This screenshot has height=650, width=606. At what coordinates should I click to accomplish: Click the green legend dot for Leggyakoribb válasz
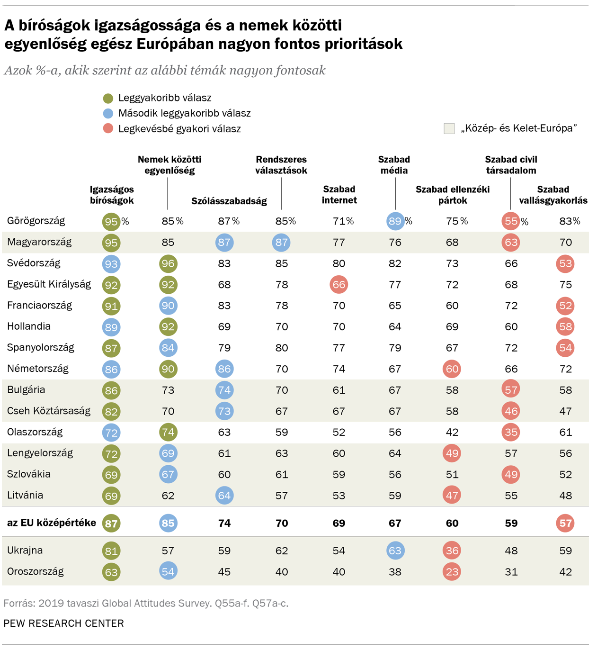click(108, 98)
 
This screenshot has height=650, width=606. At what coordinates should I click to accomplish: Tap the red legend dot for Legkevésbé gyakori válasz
click(108, 128)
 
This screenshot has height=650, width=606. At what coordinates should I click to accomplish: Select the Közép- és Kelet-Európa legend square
click(449, 128)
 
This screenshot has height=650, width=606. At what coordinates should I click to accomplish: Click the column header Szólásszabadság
click(229, 201)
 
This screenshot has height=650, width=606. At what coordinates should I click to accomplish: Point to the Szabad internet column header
click(339, 195)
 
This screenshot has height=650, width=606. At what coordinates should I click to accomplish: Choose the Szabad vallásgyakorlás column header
click(553, 195)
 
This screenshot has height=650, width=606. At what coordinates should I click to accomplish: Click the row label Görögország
click(36, 221)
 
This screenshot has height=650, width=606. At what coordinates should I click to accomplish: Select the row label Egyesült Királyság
click(49, 284)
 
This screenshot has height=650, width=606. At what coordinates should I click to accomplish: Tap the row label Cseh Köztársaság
click(49, 411)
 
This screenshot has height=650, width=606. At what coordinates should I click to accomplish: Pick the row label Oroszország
click(36, 571)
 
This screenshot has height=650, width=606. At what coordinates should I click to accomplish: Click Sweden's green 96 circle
click(168, 263)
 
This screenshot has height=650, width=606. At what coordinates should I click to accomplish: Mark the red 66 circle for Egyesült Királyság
click(339, 285)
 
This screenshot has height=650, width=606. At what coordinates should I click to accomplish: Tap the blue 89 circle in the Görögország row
click(395, 221)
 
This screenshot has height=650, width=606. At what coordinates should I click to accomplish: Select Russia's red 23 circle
click(452, 572)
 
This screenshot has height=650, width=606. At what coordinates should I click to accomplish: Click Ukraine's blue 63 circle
click(395, 551)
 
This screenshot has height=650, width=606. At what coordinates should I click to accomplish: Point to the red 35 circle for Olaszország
click(511, 432)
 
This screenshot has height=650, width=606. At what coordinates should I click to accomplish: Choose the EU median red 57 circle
click(565, 524)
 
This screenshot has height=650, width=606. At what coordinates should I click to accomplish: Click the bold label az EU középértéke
click(52, 523)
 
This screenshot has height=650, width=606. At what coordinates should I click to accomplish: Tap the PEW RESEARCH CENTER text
click(64, 623)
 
